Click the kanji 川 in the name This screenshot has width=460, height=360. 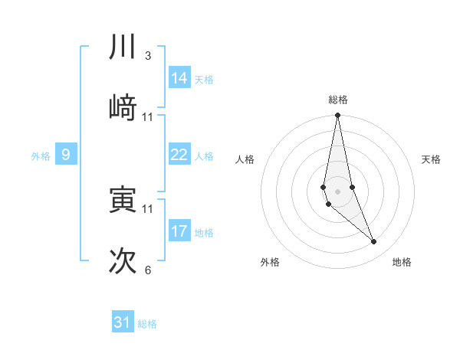(123, 47)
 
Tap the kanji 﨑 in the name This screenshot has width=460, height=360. (123, 108)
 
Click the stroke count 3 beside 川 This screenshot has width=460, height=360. (147, 56)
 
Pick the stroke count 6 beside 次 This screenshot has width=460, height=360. (147, 270)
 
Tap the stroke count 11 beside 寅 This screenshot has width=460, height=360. (148, 208)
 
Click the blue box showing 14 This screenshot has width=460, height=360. (179, 77)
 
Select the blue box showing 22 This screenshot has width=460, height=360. (179, 155)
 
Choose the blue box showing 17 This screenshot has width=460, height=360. (179, 231)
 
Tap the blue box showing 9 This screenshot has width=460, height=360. (66, 155)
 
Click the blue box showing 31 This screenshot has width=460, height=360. (123, 322)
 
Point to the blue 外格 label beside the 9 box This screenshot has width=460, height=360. (41, 156)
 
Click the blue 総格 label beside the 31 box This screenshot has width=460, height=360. (147, 324)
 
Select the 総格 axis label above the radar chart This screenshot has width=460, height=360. (338, 100)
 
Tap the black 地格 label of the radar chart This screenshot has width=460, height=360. (402, 262)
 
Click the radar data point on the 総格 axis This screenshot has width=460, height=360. (337, 116)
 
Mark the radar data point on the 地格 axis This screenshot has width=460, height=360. (374, 242)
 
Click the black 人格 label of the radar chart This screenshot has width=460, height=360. (245, 159)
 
